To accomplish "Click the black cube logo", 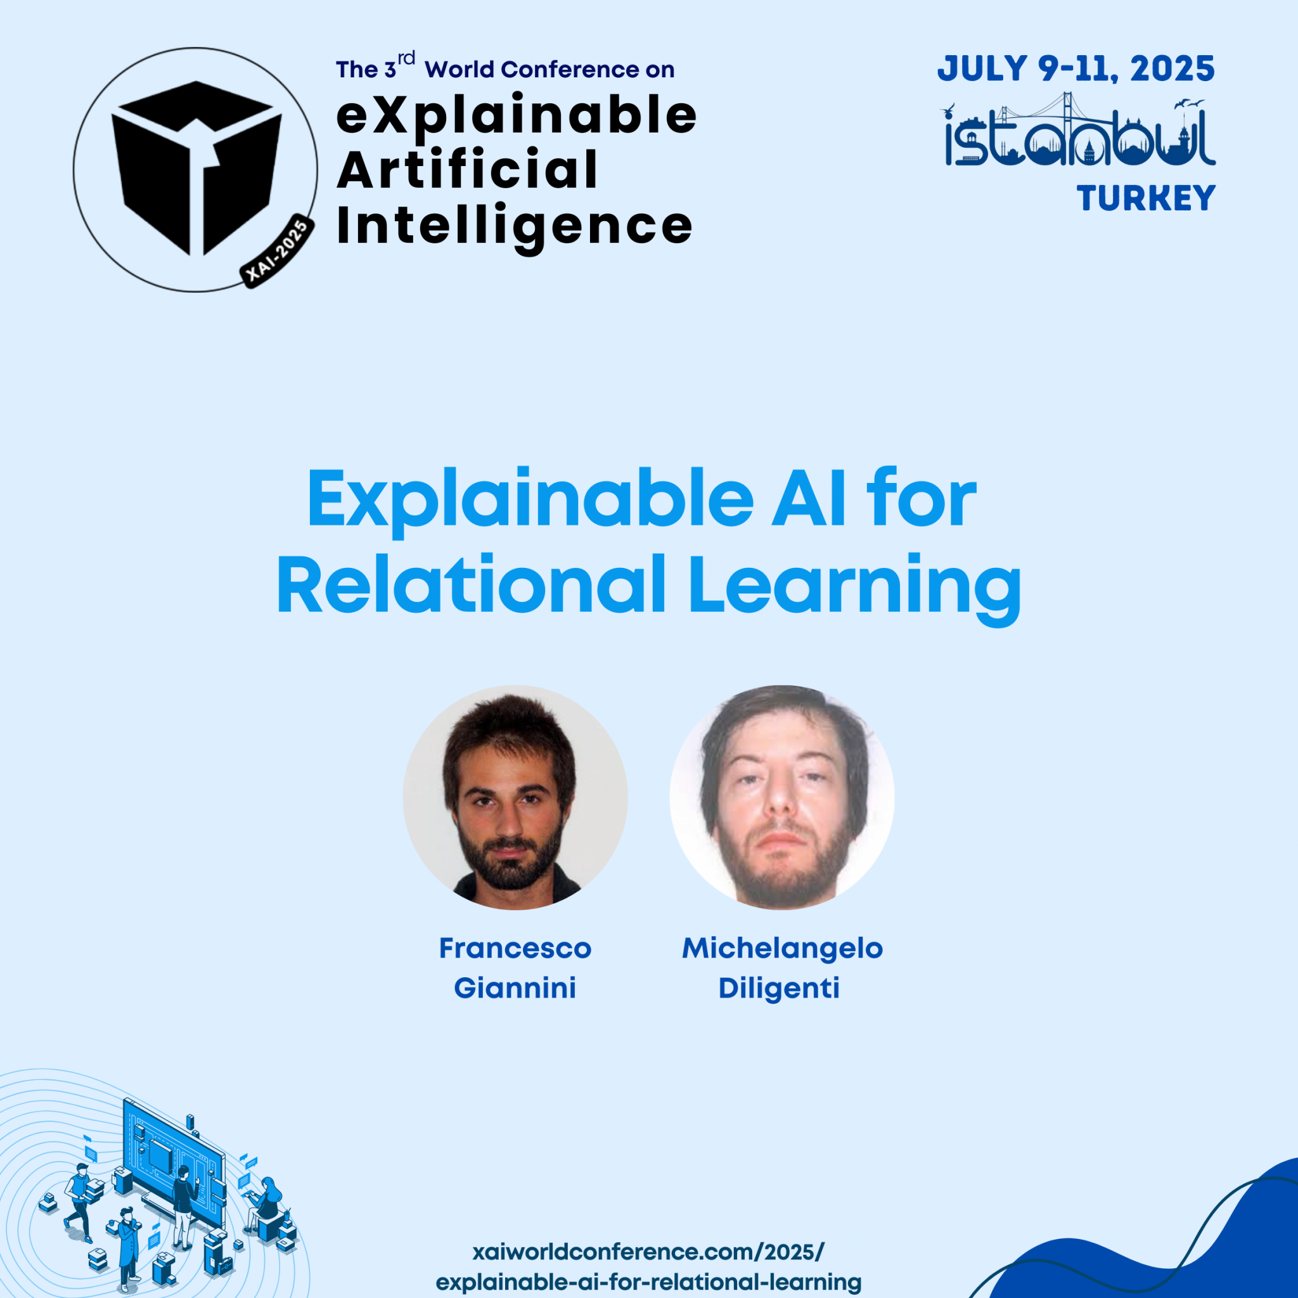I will point(196,168).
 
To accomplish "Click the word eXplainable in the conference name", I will point(516,115).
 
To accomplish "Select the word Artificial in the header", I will point(467,170).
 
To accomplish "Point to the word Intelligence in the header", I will point(514,226).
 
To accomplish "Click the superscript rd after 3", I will point(406,58).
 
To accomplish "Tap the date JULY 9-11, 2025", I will point(1076,69).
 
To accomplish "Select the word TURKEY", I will point(1146,198).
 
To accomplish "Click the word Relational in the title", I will point(470,585).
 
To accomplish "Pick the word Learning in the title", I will point(854,586).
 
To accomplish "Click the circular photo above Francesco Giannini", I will point(515,797).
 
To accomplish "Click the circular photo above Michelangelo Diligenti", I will point(782,797).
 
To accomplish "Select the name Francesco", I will point(515,949).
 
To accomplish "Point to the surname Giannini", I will point(515,988).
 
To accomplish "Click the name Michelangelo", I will point(782,949).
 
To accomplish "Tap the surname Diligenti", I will point(780,988).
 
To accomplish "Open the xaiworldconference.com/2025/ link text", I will point(648,1252).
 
